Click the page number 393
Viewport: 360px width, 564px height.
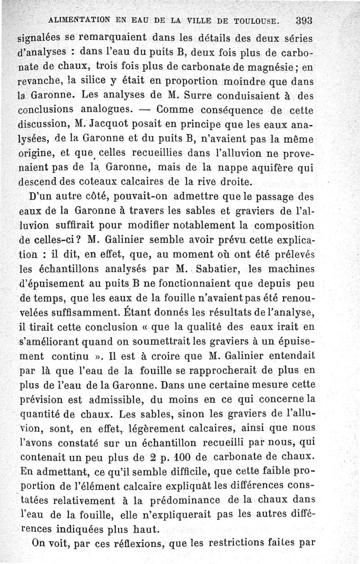coord(304,20)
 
